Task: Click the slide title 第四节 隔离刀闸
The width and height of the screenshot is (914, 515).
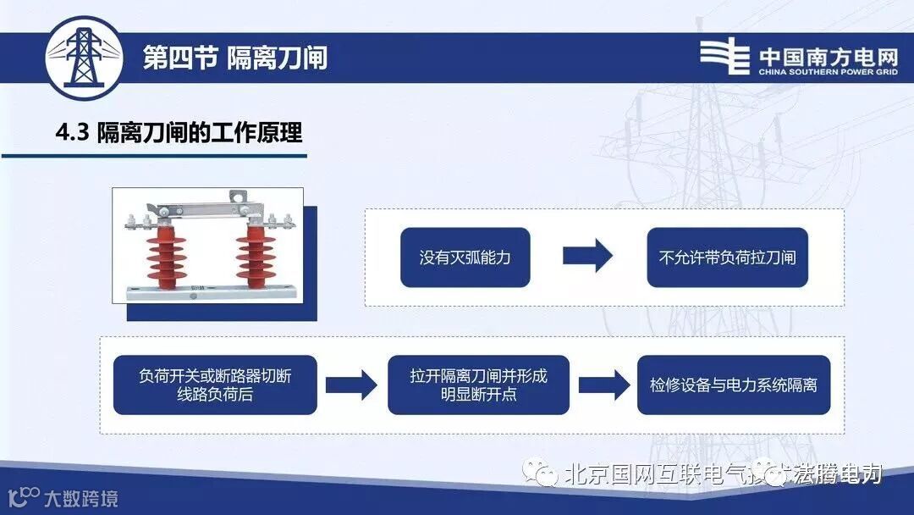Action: pos(234,58)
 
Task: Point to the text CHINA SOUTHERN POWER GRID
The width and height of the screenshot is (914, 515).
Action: pos(828,73)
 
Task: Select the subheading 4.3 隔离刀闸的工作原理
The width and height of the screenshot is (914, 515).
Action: pos(179,133)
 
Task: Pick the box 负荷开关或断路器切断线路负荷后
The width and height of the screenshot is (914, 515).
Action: pos(215,385)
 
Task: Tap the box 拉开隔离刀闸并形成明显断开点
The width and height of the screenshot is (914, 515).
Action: pos(478,385)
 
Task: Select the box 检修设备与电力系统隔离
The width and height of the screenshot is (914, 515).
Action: pos(733,385)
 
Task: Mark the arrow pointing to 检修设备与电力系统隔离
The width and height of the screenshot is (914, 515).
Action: pos(603,385)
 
